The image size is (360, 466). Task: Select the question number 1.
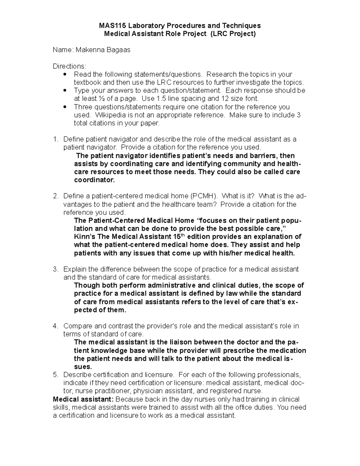pyautogui.click(x=55, y=139)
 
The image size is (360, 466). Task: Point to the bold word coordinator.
pyautogui.click(x=94, y=180)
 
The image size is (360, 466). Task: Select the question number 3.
pyautogui.click(x=55, y=269)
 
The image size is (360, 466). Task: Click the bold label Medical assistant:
pyautogui.click(x=83, y=399)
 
